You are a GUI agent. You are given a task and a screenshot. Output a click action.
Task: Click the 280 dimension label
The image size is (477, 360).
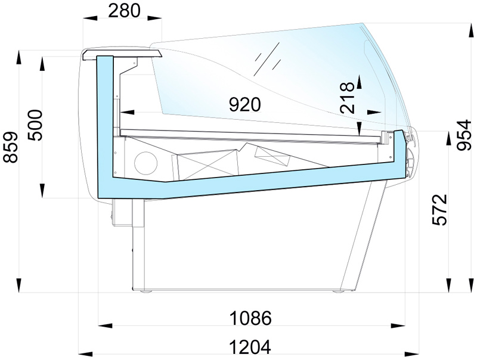coord(124,10)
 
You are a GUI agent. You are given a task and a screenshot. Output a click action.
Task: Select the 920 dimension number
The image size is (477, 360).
coord(245,104)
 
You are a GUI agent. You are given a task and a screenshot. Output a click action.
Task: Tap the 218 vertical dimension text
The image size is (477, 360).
coord(348,98)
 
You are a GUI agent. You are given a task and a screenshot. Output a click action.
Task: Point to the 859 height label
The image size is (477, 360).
coord(10,147)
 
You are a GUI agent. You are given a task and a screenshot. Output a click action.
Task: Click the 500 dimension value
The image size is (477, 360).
coord(35,125)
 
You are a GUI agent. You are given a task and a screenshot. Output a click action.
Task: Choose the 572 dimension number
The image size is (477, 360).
coord(440,209)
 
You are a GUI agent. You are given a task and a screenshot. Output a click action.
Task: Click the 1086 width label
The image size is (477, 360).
coord(250,318)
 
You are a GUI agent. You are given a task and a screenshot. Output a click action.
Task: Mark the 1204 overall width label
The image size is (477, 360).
coord(250,347)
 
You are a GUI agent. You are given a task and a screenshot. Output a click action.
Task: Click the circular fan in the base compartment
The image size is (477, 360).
coord(146,162)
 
